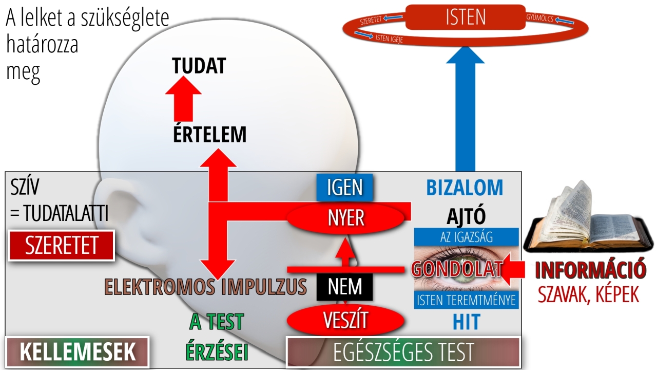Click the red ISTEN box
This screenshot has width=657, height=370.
465,17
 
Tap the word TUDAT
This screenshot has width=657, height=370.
199,66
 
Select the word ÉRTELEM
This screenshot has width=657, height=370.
210,135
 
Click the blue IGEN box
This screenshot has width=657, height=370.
344,188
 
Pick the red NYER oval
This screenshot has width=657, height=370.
345,218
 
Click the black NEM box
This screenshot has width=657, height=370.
344,287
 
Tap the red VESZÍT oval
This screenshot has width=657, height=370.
345,320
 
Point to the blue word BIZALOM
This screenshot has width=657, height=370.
465,188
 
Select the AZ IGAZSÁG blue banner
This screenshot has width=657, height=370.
467,237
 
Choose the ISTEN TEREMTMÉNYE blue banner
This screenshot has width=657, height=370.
467,300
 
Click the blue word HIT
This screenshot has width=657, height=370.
467,322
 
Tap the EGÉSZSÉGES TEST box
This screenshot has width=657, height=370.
403,352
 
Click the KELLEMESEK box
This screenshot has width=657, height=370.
78,352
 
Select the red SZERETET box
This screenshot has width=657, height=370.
61,246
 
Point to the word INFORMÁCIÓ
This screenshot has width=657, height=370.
590,269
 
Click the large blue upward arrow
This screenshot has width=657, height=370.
465,108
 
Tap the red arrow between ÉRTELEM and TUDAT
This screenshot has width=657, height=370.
183,99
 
